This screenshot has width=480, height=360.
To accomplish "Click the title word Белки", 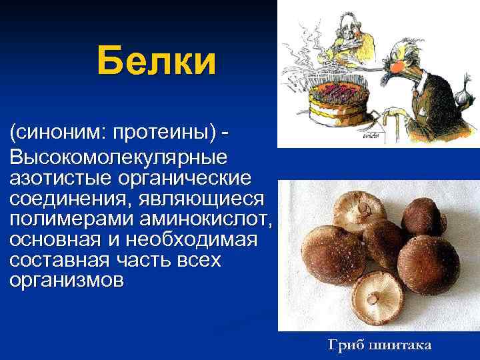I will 157,61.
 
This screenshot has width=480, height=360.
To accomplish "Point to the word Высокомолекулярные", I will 118,159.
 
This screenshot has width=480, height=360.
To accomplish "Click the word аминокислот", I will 203,219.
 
